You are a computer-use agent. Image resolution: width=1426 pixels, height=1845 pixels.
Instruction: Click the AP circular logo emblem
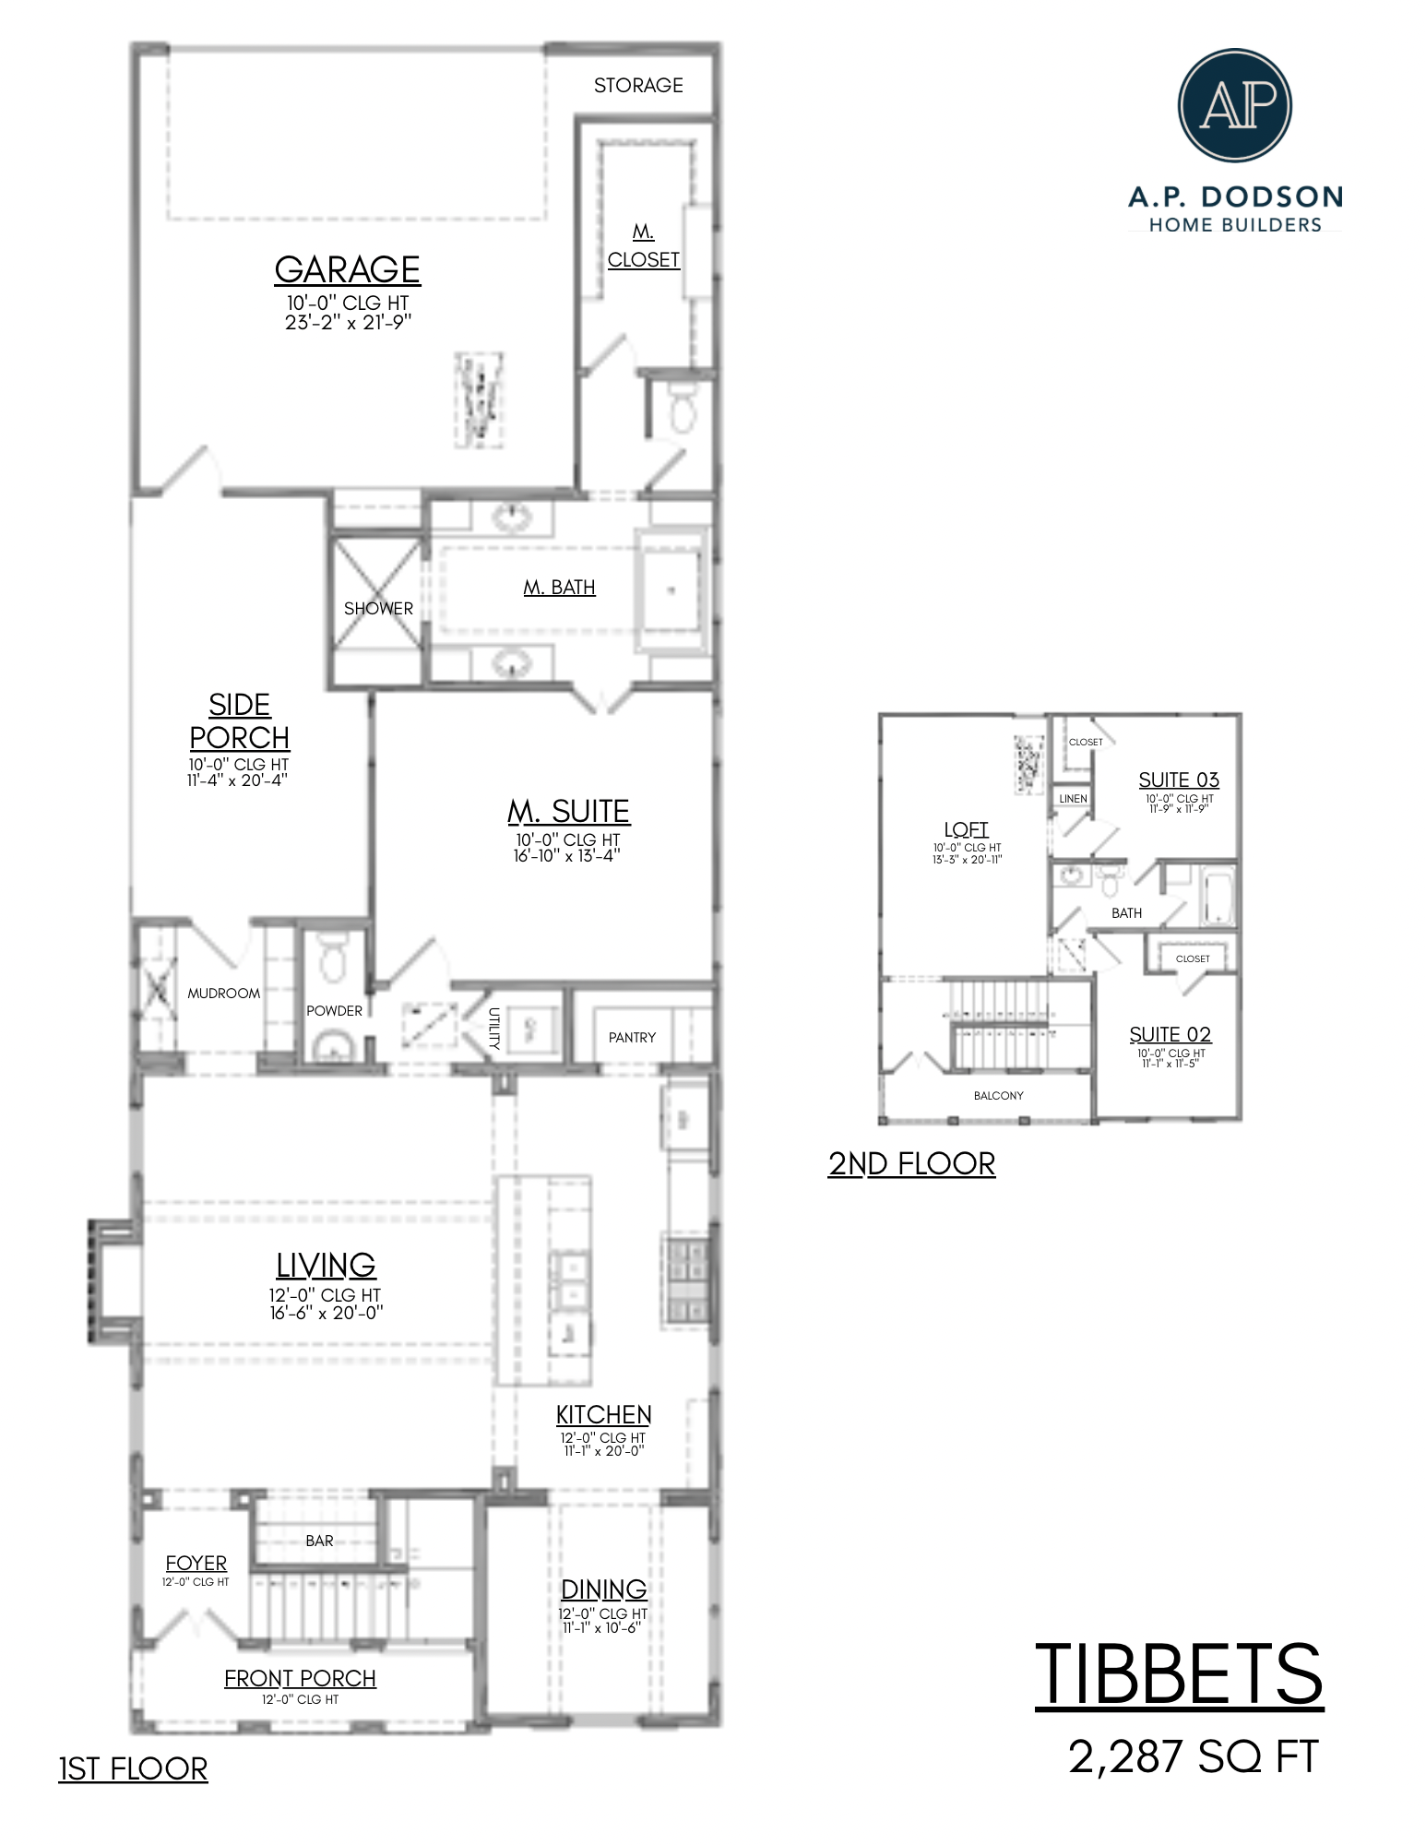pos(1234,106)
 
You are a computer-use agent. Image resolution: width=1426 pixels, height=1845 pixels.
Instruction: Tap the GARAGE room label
pos(347,269)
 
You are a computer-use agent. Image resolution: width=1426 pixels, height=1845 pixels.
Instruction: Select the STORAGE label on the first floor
pos(638,86)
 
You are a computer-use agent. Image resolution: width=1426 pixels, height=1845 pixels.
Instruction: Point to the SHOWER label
pos(378,609)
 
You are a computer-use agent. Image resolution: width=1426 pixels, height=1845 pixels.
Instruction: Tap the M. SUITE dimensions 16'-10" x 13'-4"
pos(566,855)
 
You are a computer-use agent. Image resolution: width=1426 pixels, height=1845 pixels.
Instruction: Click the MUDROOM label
pos(223,994)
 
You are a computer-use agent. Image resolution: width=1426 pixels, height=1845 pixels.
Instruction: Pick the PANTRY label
pos(632,1038)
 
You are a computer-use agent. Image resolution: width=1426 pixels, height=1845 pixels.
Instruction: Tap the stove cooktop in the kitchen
pos(684,1280)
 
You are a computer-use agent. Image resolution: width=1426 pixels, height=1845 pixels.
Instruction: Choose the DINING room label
pos(604,1589)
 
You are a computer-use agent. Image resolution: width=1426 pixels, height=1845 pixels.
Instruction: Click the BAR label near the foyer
pos(319,1541)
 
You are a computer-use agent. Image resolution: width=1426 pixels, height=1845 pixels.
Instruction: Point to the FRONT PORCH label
pos(300,1678)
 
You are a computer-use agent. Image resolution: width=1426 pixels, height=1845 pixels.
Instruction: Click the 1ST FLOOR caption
pos(133,1768)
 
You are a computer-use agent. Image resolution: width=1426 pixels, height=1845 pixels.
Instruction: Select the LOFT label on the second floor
pos(966,829)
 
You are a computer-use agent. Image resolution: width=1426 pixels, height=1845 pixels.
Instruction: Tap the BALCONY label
pos(998,1096)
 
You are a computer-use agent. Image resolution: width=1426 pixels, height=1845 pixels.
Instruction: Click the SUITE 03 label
pos(1178,780)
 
